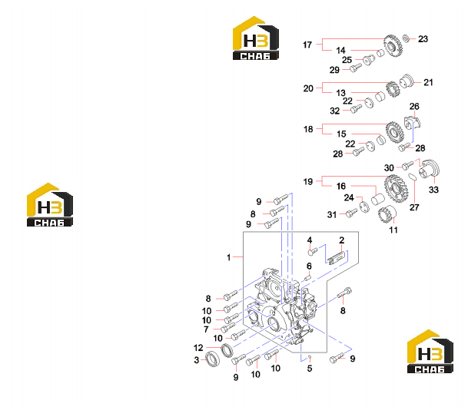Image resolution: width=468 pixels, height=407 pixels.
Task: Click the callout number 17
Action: coord(307,45)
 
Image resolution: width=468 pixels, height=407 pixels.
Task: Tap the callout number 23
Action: coord(423,38)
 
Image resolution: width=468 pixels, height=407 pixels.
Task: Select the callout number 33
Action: coord(433,190)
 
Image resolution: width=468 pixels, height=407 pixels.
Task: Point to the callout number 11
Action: coord(393,230)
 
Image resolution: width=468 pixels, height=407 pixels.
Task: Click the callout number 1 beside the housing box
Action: coord(229,257)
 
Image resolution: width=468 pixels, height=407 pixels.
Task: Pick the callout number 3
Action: coord(197,360)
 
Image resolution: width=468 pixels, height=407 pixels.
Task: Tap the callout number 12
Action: coord(198,348)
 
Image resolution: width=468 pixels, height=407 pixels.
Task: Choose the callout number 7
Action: coord(206,329)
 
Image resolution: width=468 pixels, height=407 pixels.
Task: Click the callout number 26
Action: coord(414,107)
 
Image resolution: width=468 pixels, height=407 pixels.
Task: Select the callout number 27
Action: coord(414,207)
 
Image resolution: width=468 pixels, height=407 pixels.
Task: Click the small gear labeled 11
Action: coord(387,214)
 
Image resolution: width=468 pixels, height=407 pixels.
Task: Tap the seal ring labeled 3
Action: coord(213,359)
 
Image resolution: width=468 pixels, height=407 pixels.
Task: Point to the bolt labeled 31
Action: coord(352,213)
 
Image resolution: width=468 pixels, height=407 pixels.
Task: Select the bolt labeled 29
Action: coord(356,68)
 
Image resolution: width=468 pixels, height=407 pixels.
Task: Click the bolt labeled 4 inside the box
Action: coord(313,252)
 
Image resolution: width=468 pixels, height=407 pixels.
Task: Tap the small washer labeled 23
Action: coord(405,38)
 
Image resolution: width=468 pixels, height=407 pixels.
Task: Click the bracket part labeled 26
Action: coord(412,123)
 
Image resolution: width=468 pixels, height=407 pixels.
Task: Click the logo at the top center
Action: coord(255,38)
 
